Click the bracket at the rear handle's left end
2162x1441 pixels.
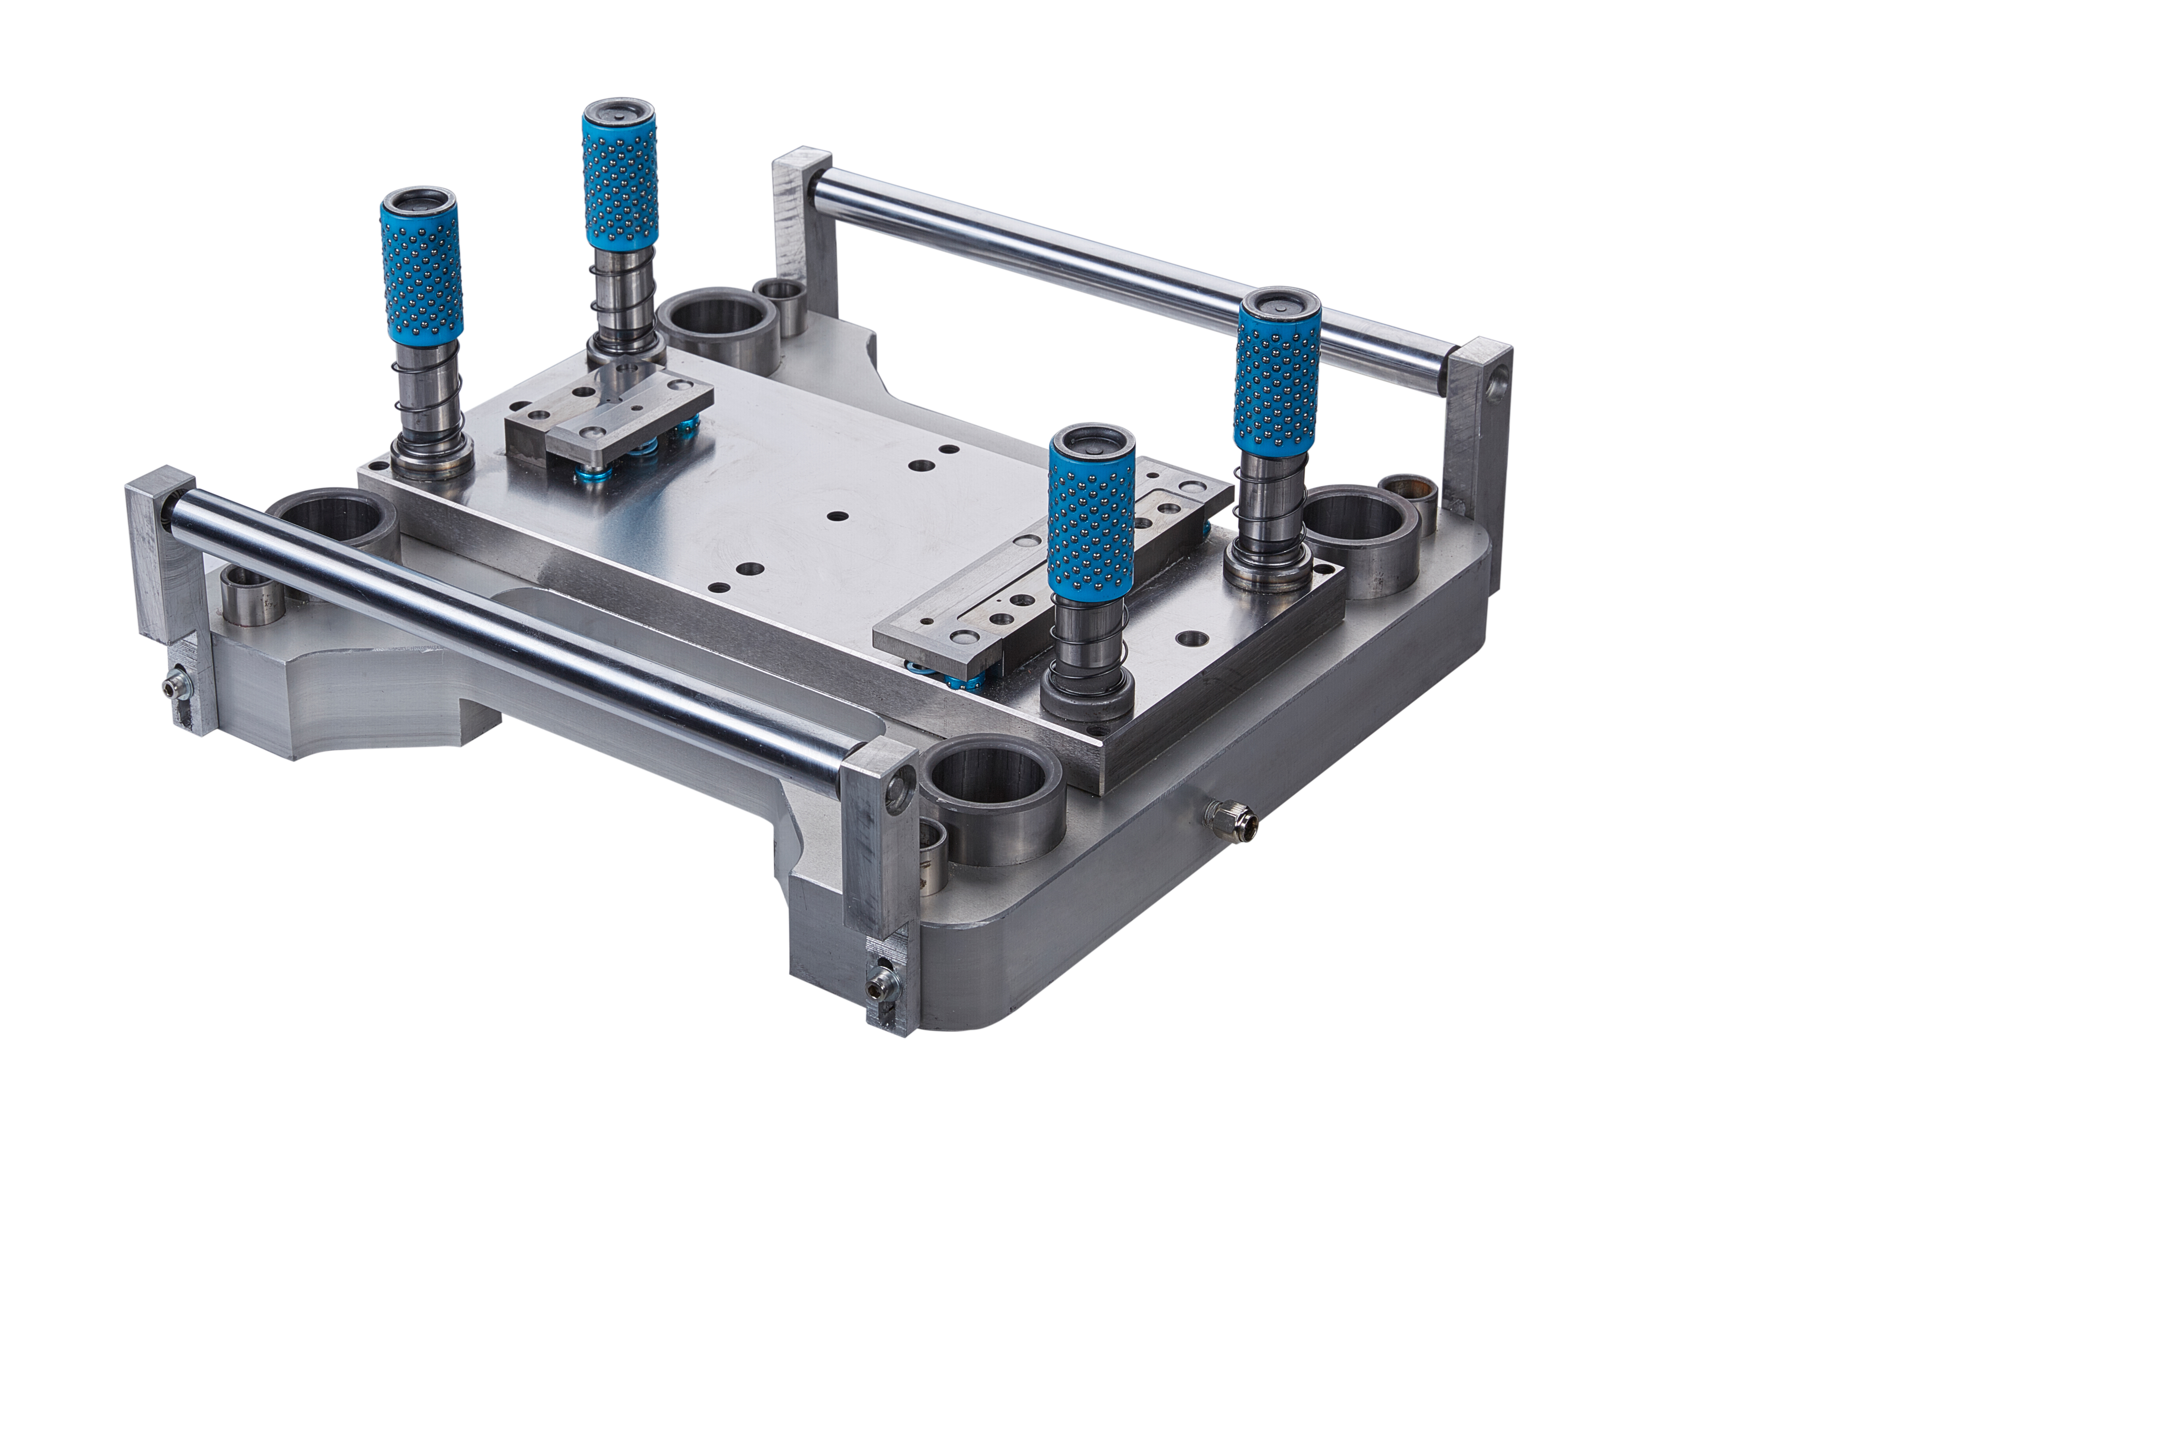click(x=804, y=230)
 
